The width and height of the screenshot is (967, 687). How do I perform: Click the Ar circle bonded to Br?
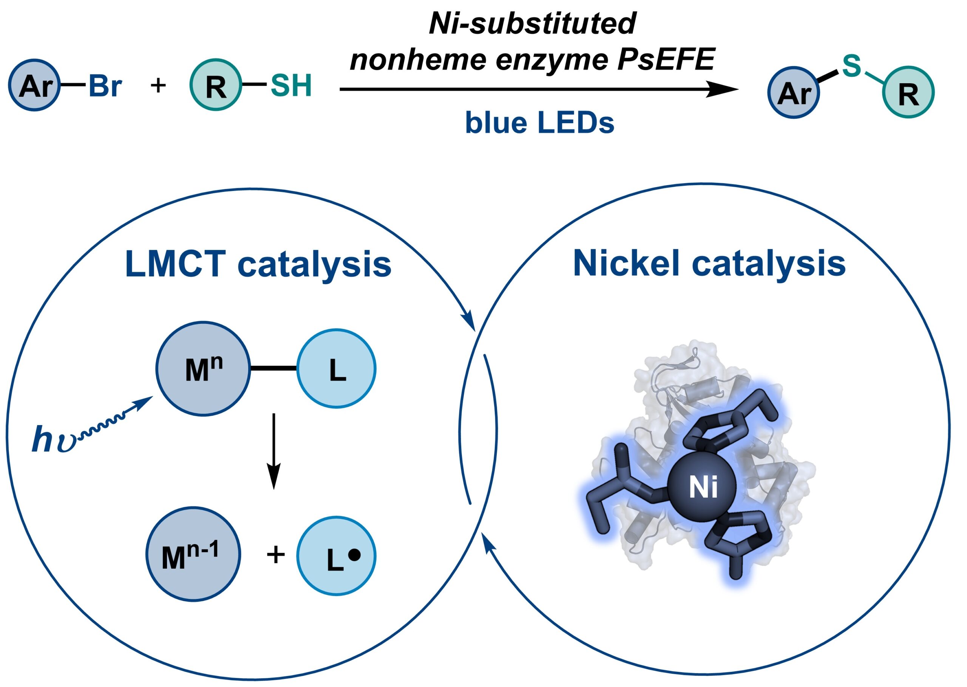click(35, 85)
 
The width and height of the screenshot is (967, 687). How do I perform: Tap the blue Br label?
click(105, 86)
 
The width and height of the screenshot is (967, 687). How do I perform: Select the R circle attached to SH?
click(216, 85)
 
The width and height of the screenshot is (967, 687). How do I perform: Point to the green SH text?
click(291, 85)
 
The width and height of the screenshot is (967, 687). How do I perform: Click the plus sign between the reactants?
click(159, 86)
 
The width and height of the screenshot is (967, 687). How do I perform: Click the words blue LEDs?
click(539, 123)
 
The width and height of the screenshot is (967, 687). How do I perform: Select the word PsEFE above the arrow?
click(666, 60)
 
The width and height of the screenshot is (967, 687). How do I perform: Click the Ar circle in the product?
click(794, 92)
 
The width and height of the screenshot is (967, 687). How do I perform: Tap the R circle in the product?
click(908, 92)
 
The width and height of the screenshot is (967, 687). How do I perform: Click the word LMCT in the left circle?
click(176, 265)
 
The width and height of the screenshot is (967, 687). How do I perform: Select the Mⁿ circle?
click(203, 368)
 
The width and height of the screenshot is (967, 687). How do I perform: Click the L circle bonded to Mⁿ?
click(337, 368)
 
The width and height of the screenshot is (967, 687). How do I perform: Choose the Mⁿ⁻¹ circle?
click(193, 554)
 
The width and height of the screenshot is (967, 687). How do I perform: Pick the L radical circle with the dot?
click(337, 556)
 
